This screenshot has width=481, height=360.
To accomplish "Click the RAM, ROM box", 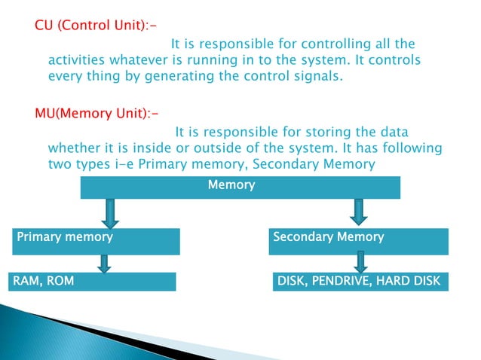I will click(91, 282).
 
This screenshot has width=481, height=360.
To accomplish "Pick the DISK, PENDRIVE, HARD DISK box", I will click(359, 282).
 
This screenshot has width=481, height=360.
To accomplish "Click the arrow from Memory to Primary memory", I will click(110, 212).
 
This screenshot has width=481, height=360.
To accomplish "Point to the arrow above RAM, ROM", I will click(105, 262).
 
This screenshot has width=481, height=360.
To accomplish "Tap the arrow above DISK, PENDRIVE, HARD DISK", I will click(361, 262).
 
